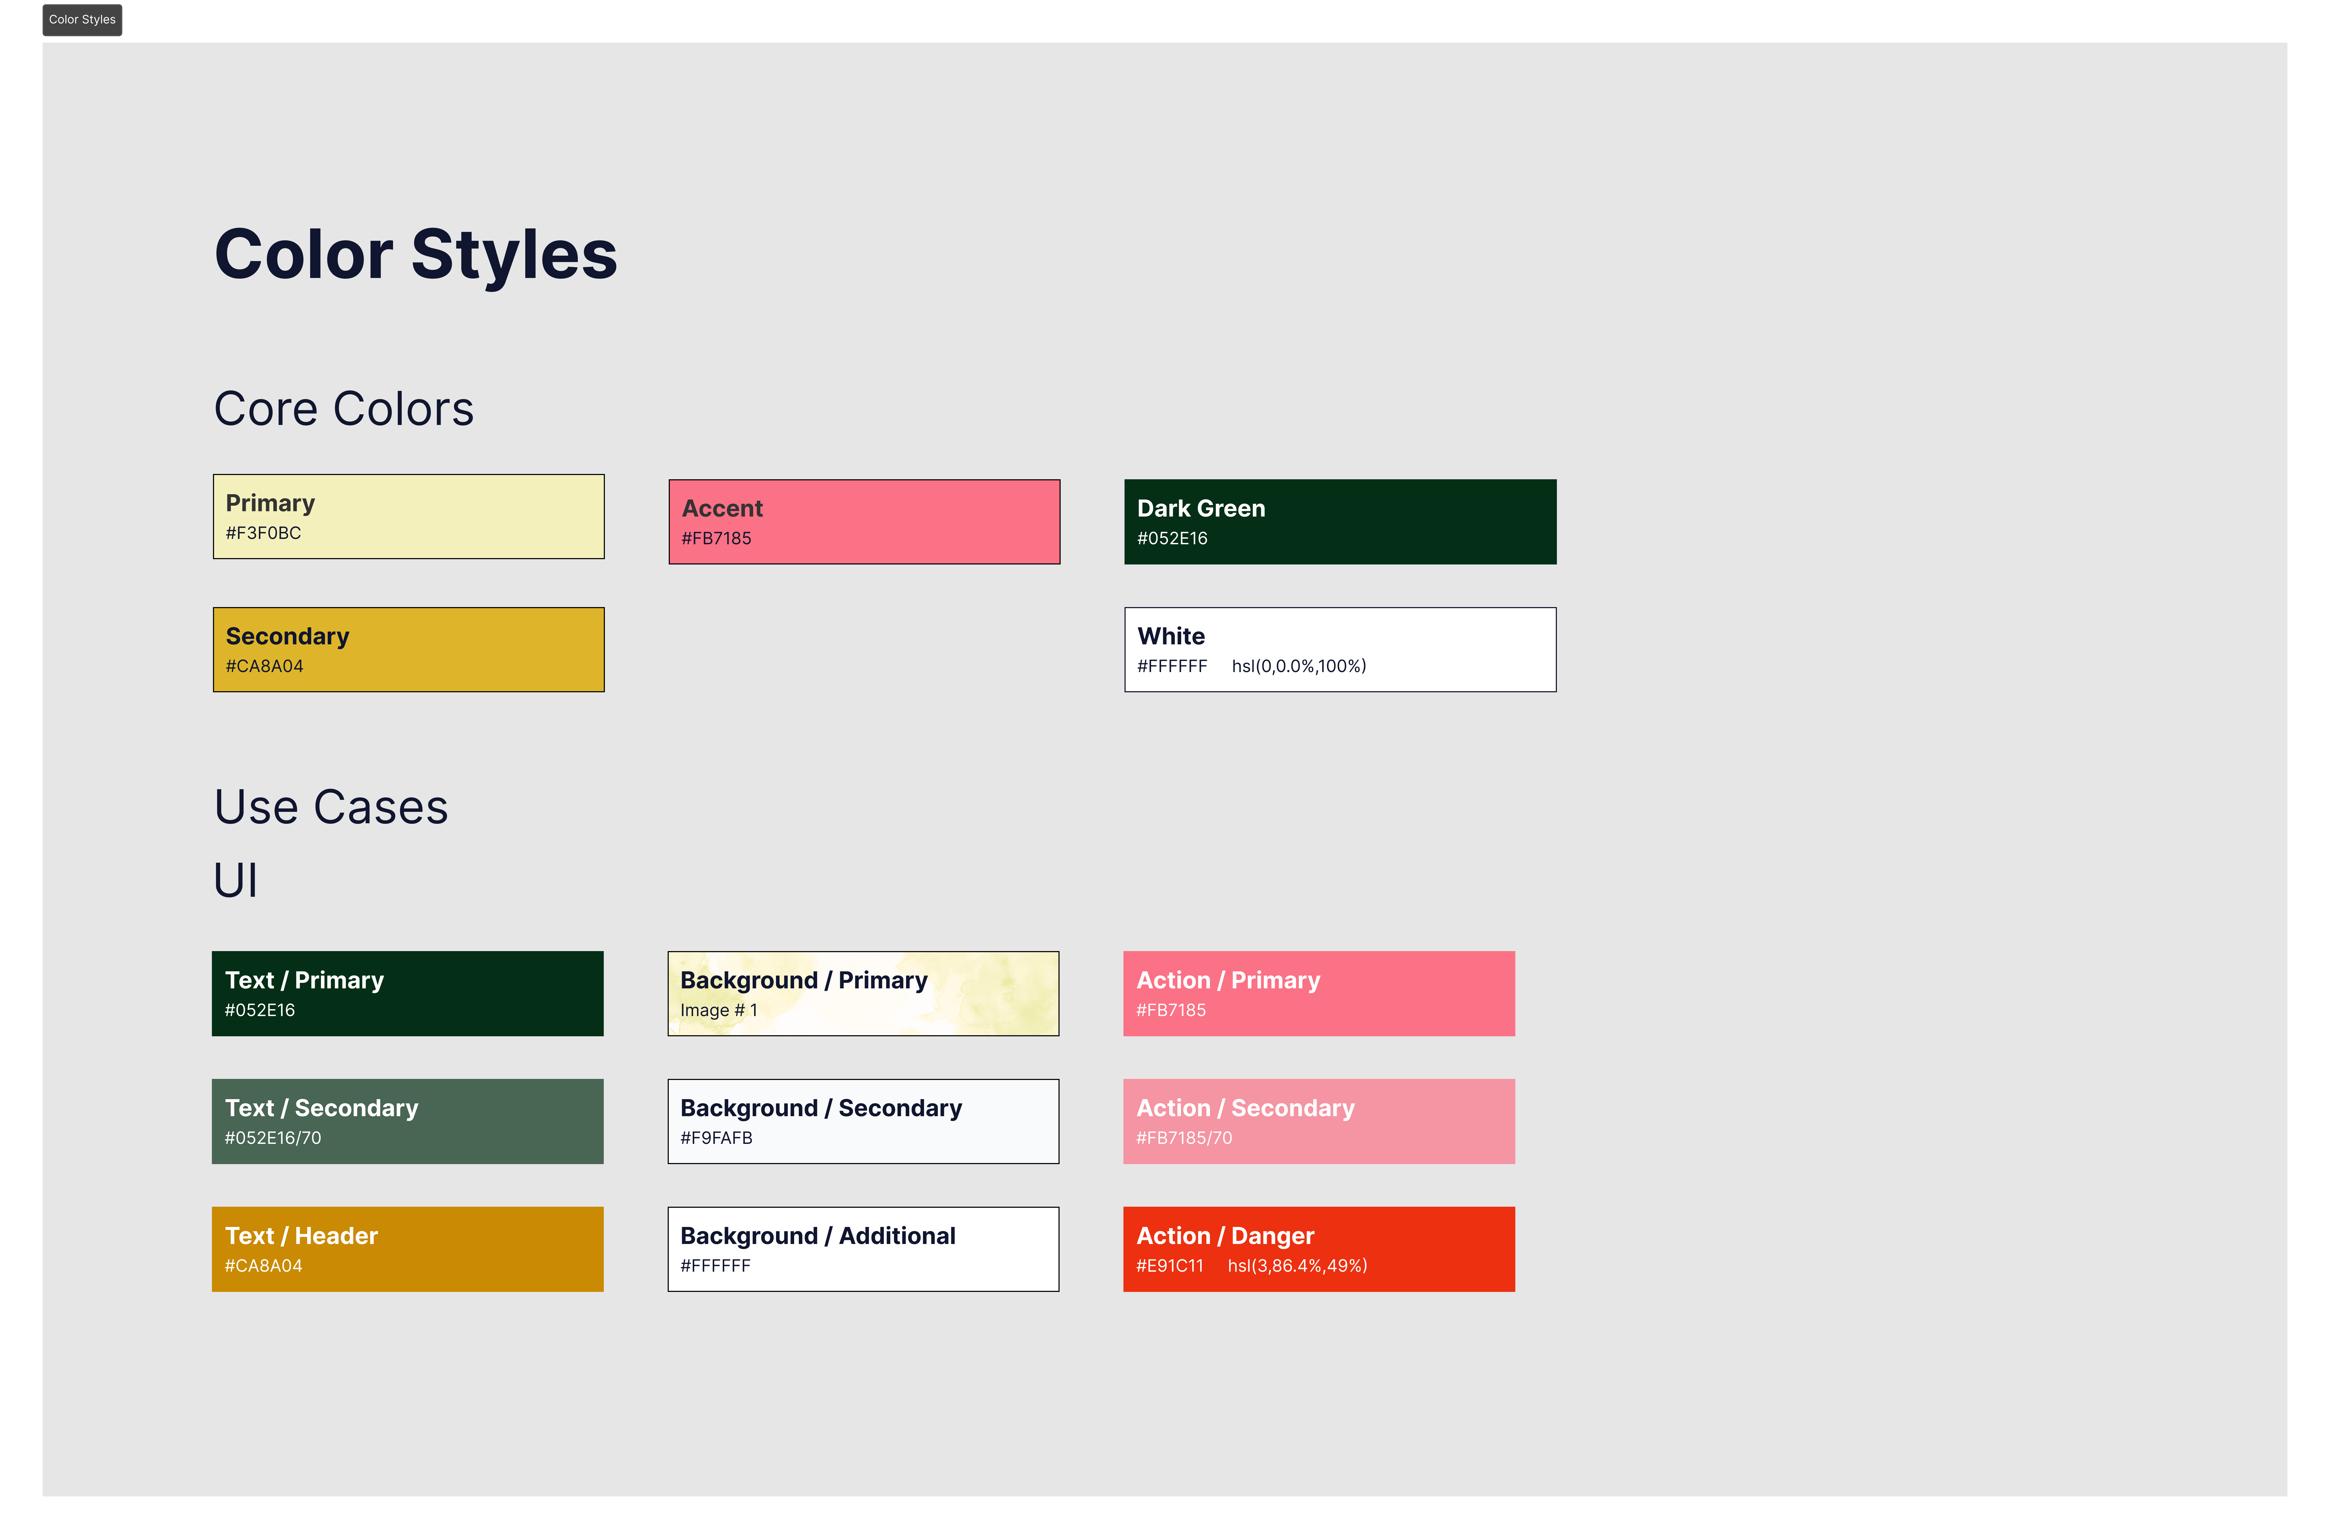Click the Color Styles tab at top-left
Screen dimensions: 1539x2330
[x=83, y=20]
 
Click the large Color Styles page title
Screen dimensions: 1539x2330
[x=416, y=254]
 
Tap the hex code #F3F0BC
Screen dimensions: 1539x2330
[x=263, y=533]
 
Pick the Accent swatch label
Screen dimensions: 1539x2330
[x=722, y=508]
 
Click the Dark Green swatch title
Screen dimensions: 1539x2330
[x=1201, y=508]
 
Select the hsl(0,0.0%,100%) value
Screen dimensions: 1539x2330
[x=1299, y=666]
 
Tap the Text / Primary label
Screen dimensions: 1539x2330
[x=304, y=981]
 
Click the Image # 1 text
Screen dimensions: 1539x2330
[x=718, y=1010]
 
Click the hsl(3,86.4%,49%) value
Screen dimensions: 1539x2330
[x=1297, y=1266]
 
